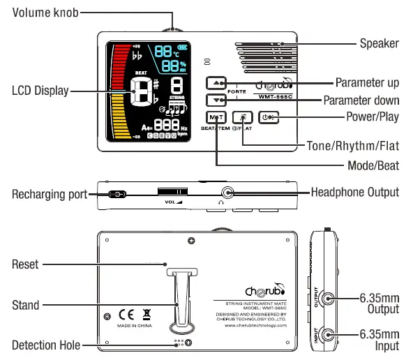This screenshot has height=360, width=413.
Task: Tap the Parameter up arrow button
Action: click(x=217, y=82)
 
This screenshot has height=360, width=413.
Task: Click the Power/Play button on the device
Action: click(x=269, y=117)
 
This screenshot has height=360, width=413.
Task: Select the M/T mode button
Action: click(x=216, y=117)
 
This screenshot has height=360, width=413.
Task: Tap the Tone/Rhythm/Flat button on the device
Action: click(x=241, y=117)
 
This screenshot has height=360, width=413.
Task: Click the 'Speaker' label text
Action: click(x=379, y=43)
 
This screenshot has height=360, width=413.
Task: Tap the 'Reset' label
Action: click(x=25, y=264)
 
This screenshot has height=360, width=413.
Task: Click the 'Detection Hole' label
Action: click(x=45, y=345)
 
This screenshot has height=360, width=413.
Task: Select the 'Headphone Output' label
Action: click(x=354, y=193)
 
